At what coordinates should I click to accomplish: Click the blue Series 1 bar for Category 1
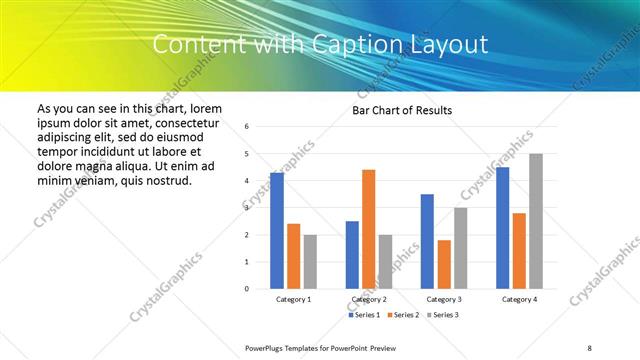click(277, 231)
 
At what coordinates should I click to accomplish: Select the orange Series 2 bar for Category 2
click(368, 229)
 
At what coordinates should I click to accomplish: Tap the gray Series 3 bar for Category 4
click(536, 221)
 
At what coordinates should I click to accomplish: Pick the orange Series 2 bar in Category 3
click(444, 264)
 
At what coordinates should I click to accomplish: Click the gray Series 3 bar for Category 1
click(310, 262)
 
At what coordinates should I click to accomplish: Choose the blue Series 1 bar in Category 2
click(352, 255)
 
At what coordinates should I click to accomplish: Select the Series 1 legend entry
click(364, 315)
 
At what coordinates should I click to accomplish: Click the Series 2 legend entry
click(404, 315)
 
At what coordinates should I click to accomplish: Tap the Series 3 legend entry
click(444, 315)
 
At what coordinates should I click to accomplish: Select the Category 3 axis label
click(444, 299)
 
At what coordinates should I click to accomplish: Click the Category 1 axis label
click(293, 299)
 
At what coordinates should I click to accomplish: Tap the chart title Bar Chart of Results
click(402, 110)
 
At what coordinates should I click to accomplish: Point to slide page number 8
click(590, 347)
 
